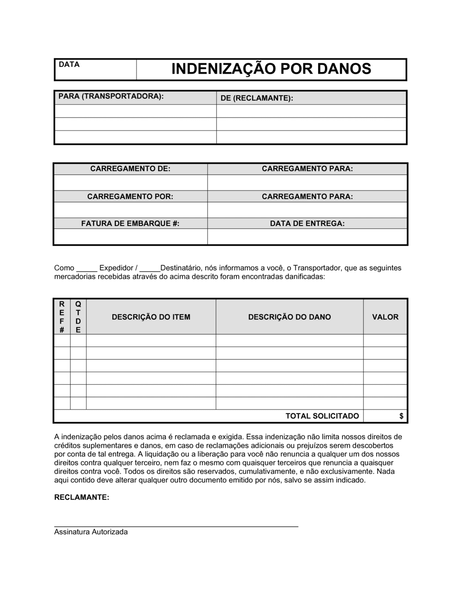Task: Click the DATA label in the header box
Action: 69,65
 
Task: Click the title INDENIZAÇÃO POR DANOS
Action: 271,69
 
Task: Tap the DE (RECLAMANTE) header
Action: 257,98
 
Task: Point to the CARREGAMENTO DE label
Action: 130,169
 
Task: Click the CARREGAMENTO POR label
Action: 130,196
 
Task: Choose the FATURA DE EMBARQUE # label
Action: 130,224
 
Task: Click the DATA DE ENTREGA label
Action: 307,224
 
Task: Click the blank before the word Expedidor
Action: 87,268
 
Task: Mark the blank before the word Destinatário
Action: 149,268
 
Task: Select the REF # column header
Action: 62,317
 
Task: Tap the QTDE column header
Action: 78,317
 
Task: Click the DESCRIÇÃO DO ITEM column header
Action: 151,317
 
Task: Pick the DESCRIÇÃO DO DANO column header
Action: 290,317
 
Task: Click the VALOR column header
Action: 385,317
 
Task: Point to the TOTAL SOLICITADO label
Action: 322,416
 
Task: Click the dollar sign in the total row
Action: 402,416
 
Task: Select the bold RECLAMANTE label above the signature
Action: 82,497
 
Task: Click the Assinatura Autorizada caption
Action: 91,532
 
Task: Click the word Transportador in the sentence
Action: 318,268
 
